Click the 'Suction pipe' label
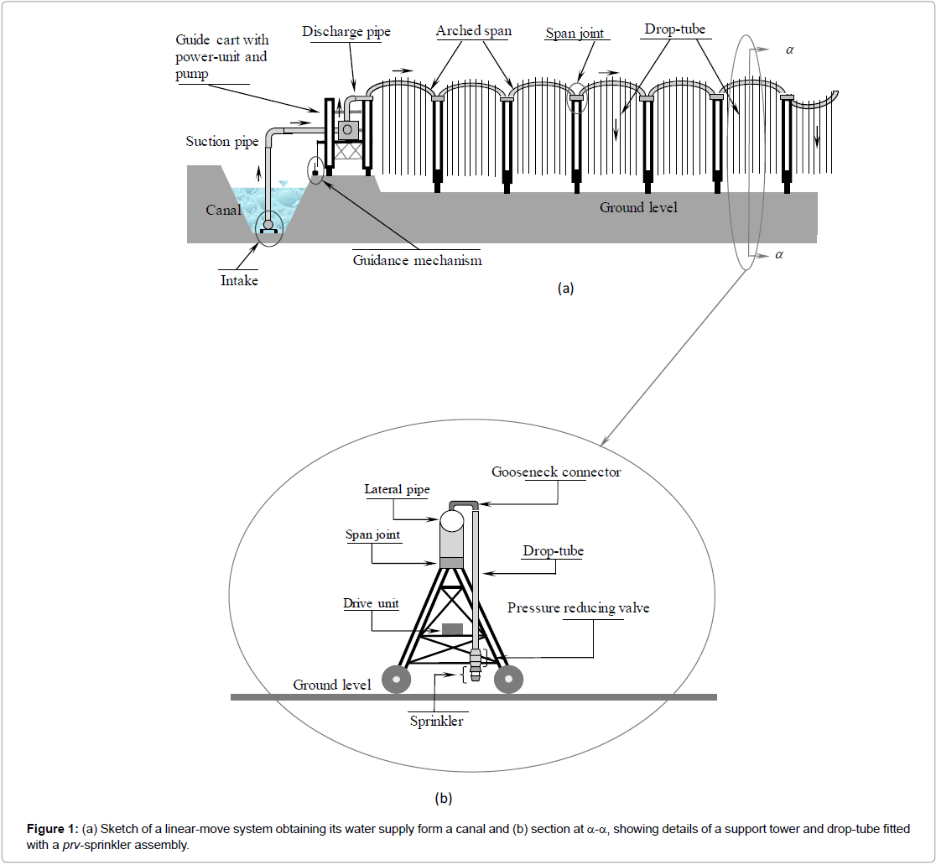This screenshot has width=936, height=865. tap(221, 141)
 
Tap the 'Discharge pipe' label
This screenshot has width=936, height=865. tap(346, 32)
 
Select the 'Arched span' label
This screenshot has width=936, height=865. tap(473, 32)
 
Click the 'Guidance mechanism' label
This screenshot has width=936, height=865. tap(417, 260)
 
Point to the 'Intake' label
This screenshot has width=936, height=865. tap(239, 280)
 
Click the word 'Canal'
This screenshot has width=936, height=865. tap(224, 209)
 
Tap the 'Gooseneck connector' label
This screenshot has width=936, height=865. tap(556, 472)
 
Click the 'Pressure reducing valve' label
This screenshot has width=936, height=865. tap(578, 607)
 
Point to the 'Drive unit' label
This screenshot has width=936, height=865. tap(371, 603)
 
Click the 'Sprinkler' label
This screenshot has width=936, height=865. tap(436, 721)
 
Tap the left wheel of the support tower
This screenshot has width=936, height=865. tap(395, 680)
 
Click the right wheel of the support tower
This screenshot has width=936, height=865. tap(508, 680)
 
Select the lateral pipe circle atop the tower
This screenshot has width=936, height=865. tap(452, 521)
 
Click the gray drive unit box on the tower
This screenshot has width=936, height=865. tap(452, 628)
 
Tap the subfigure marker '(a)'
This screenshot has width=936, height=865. tap(565, 288)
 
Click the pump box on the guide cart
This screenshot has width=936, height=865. tap(347, 129)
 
